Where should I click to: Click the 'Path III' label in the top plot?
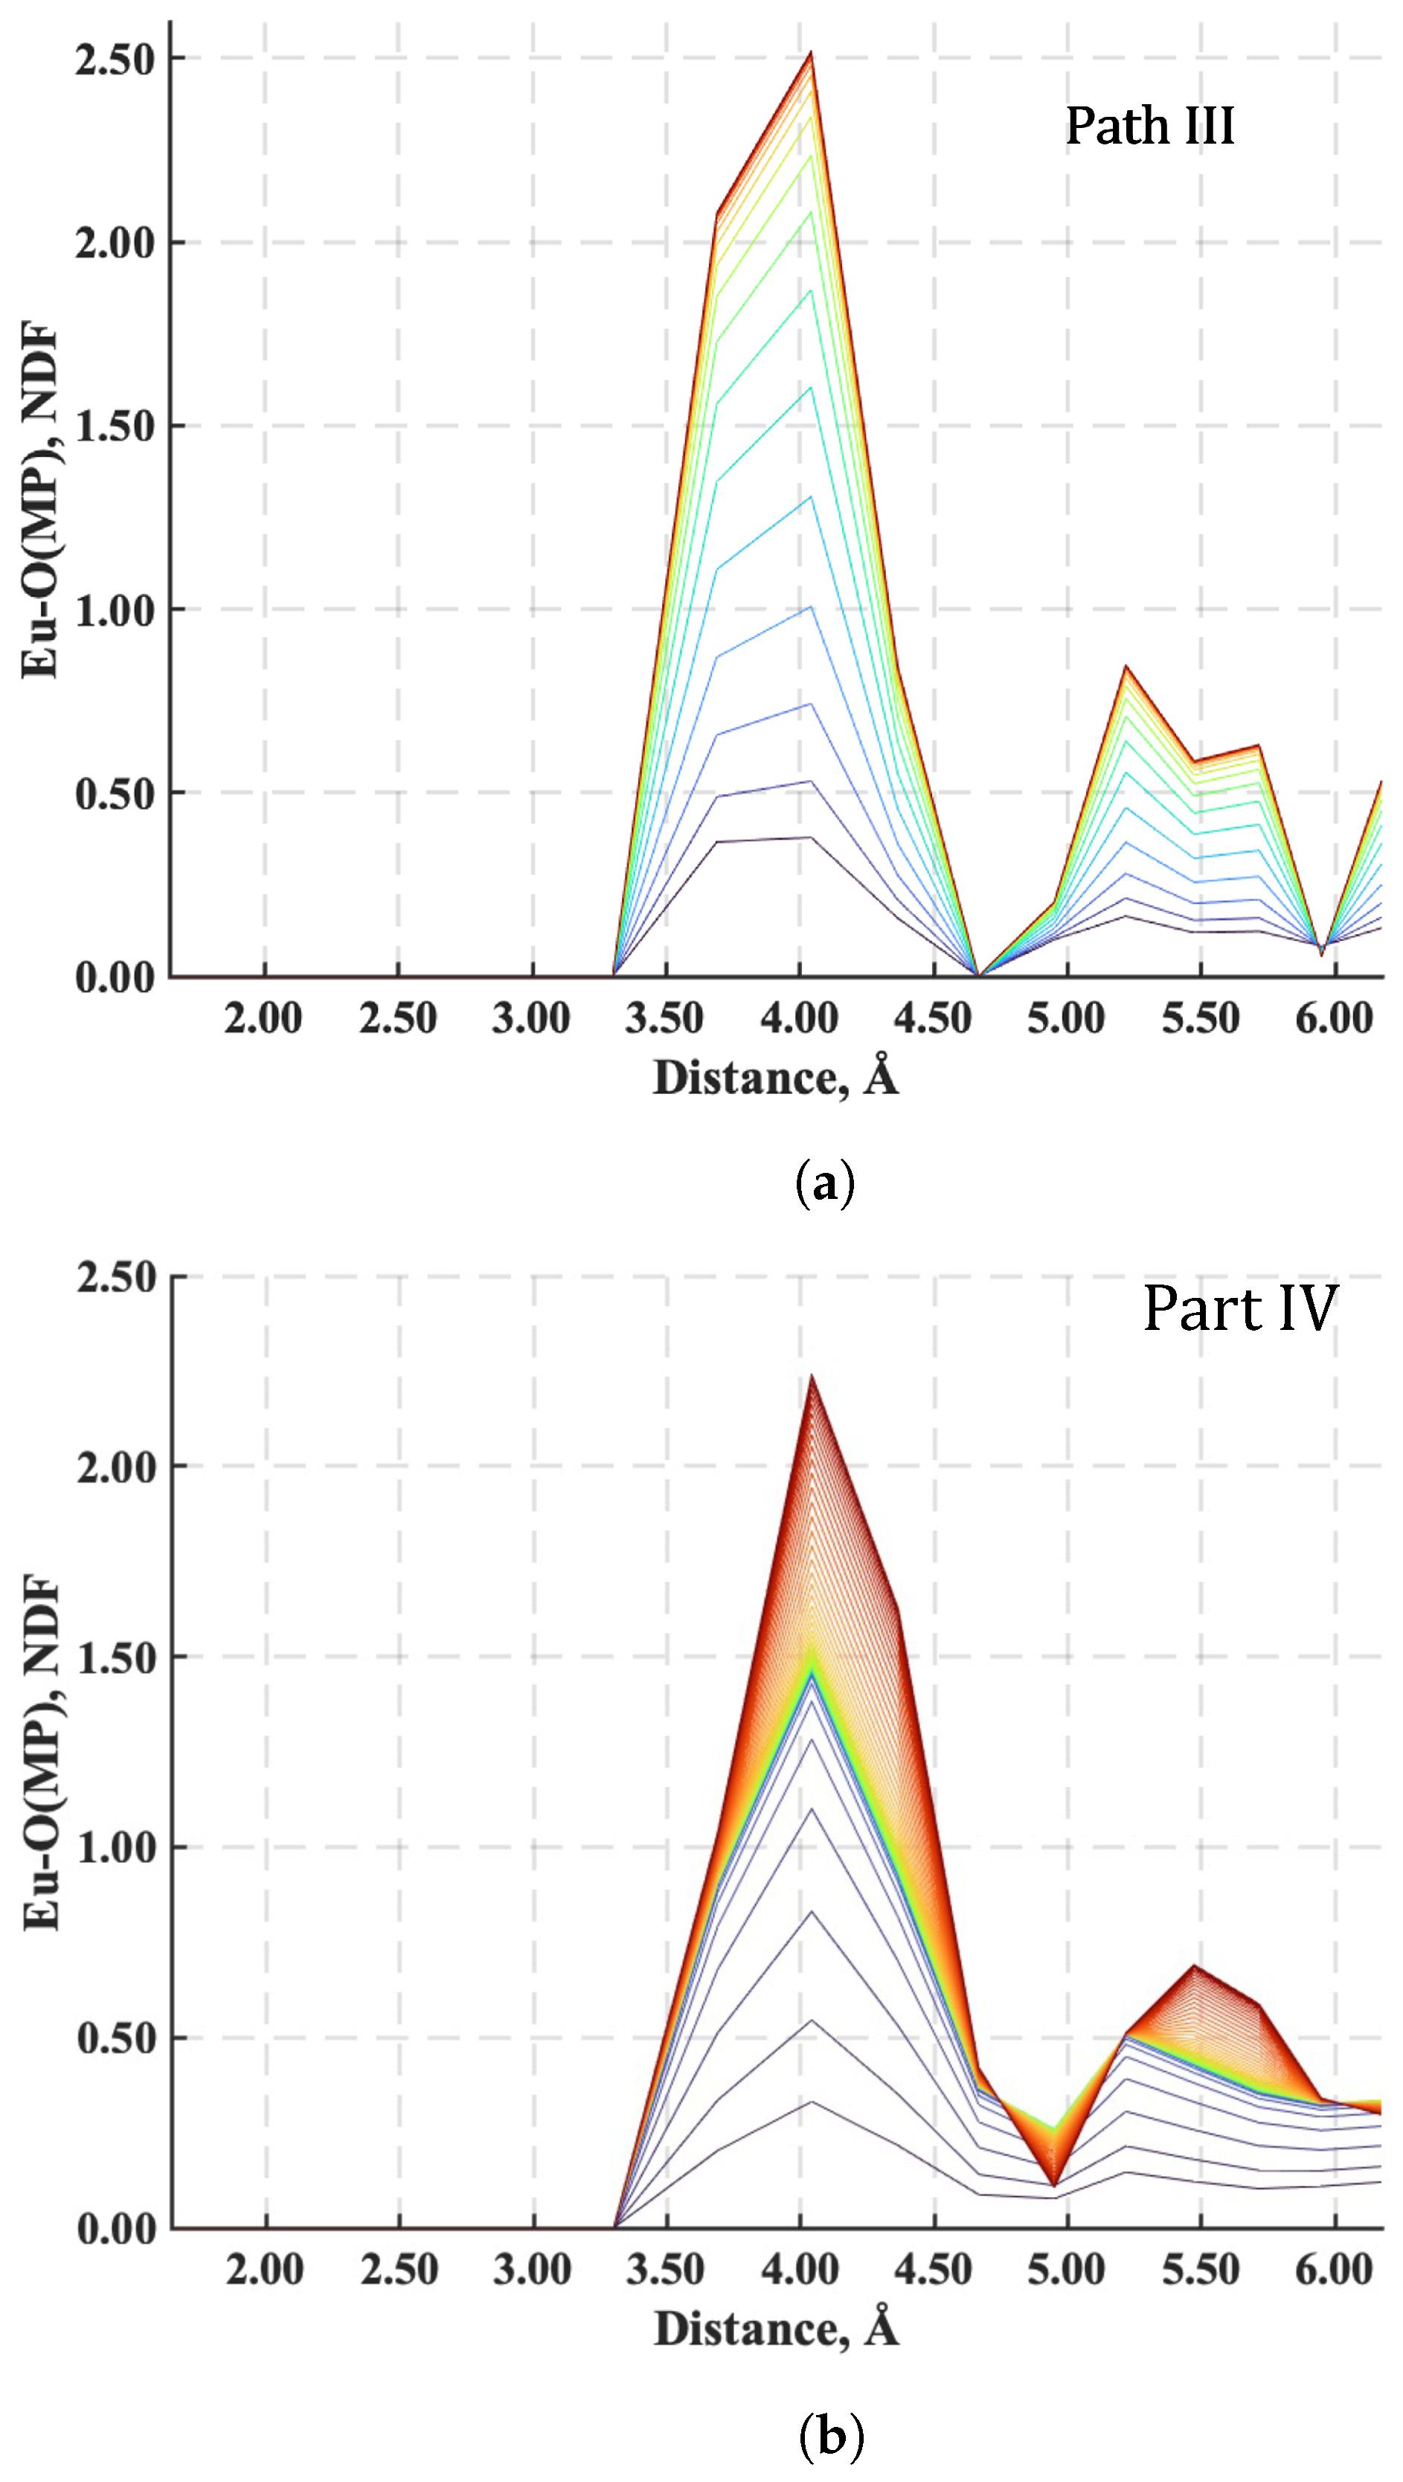point(1149,127)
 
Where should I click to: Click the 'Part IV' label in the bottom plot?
point(1240,1309)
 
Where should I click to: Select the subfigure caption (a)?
point(826,1183)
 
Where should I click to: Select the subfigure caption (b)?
point(831,2436)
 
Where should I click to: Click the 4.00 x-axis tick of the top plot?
point(799,1018)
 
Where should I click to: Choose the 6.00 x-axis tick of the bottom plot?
point(1334,2269)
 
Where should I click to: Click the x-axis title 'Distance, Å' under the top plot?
point(776,1078)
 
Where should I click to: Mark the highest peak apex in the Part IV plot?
point(812,1376)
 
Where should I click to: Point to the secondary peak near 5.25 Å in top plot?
point(1126,667)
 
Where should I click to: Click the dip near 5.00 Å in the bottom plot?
point(1055,2184)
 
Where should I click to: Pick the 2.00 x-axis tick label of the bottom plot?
point(265,2269)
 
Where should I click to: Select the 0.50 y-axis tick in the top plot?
point(115,794)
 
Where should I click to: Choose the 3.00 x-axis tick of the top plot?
point(531,1018)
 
